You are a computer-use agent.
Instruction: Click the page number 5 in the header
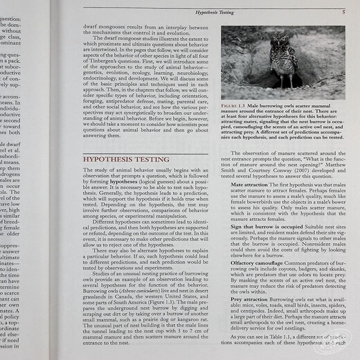click(x=343, y=12)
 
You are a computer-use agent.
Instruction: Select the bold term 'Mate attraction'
click(x=249, y=185)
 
